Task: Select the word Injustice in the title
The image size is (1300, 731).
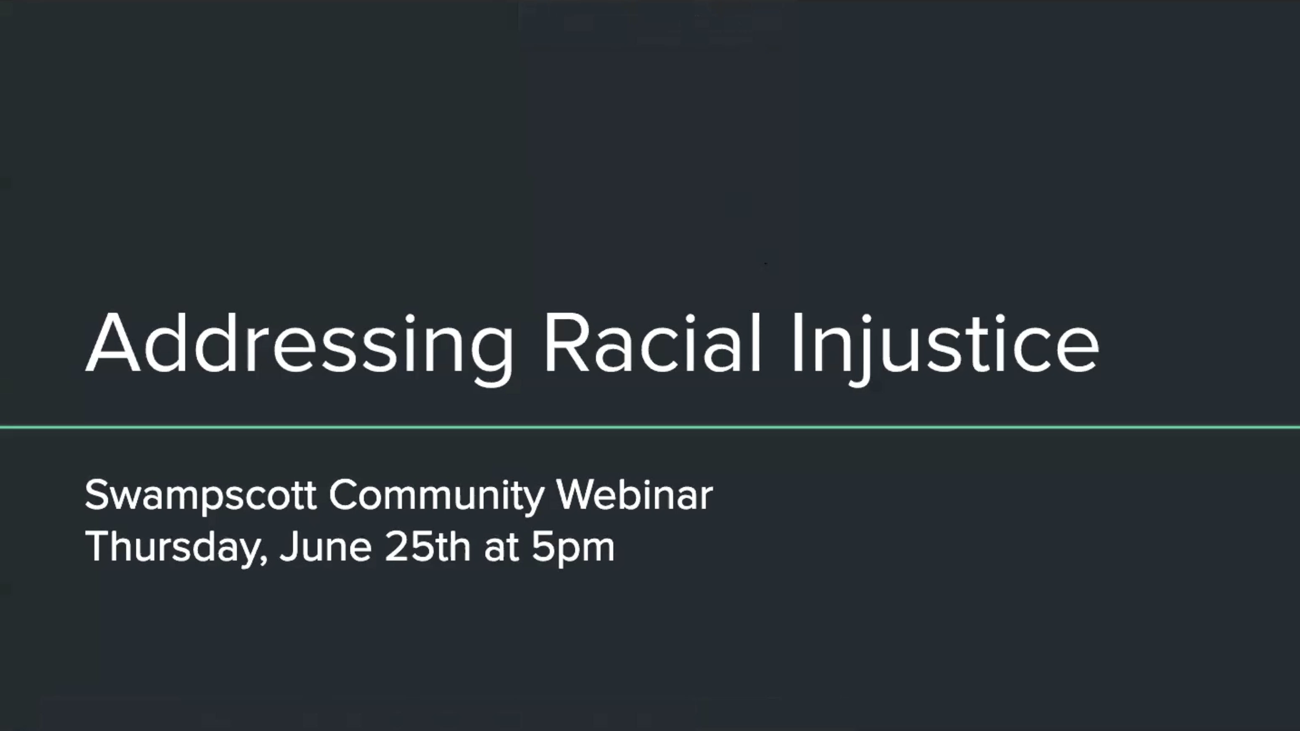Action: tap(945, 348)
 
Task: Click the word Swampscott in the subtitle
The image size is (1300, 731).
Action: tap(200, 497)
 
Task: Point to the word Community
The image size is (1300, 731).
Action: tap(436, 497)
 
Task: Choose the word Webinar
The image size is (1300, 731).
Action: tap(634, 494)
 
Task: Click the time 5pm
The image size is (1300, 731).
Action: tap(573, 548)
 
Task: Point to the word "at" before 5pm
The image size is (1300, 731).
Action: tap(501, 547)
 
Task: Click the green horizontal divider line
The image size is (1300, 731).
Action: tap(650, 427)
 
